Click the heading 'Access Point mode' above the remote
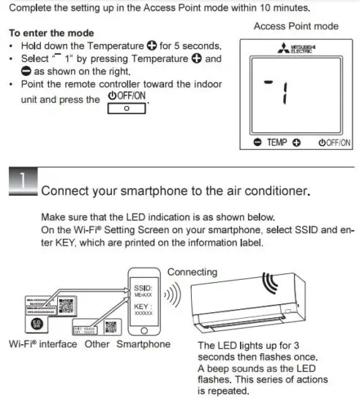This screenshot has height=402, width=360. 296,26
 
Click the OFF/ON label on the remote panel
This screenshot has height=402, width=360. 334,142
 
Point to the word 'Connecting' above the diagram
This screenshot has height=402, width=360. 192,272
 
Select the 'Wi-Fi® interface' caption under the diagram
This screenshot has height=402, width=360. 41,344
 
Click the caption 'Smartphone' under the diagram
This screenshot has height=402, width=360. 143,344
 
